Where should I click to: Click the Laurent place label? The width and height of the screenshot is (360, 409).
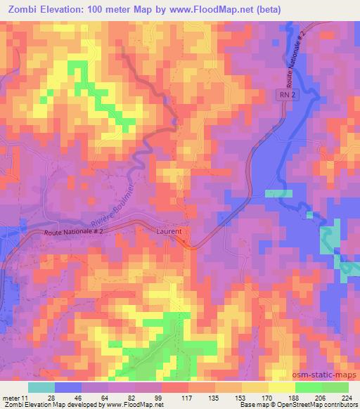169,231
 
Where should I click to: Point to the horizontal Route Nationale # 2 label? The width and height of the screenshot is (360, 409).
73,231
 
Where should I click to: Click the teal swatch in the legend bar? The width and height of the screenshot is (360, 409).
41,386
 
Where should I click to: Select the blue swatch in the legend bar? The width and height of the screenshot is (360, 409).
68,386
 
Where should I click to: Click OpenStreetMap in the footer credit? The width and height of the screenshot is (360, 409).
309,404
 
